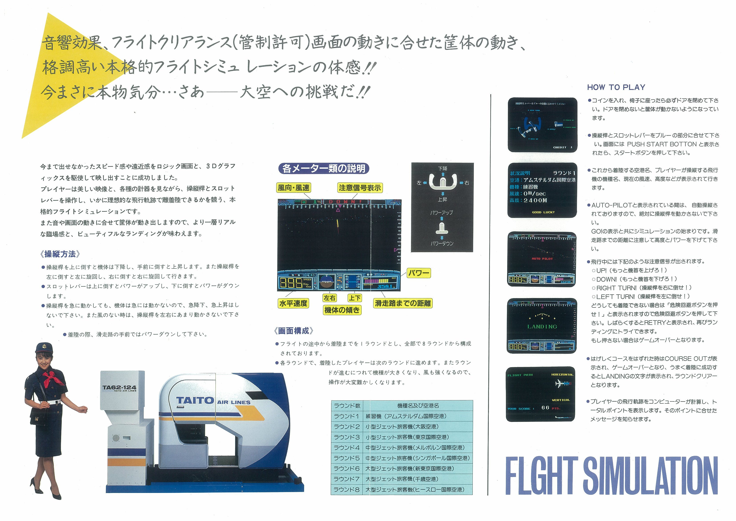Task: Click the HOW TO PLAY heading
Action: (616, 87)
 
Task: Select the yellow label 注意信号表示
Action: (360, 188)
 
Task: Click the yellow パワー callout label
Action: (418, 273)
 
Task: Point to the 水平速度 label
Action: (293, 303)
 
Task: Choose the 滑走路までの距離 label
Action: (403, 303)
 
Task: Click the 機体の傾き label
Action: (342, 310)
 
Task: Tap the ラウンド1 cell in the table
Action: (346, 416)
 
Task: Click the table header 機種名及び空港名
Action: (418, 406)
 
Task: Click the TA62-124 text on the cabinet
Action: (119, 387)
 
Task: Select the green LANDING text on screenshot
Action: (542, 326)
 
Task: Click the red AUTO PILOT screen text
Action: (542, 259)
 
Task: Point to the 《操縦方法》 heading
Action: (60, 254)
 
